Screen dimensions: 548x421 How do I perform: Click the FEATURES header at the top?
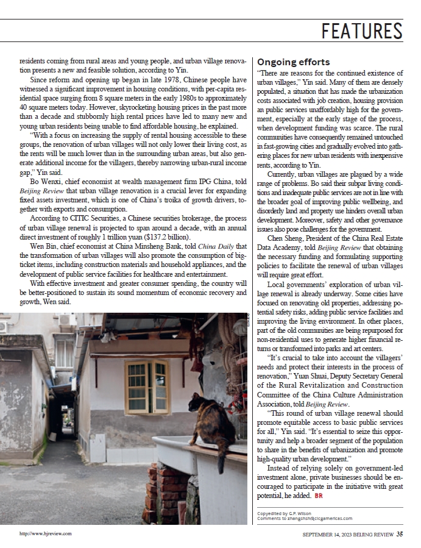[362, 30]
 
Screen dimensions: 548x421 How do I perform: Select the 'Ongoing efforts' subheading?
[294, 62]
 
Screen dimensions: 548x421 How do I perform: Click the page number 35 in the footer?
[399, 534]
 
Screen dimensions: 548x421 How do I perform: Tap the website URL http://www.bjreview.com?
[46, 533]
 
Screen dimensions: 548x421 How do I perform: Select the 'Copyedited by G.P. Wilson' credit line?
[285, 513]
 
